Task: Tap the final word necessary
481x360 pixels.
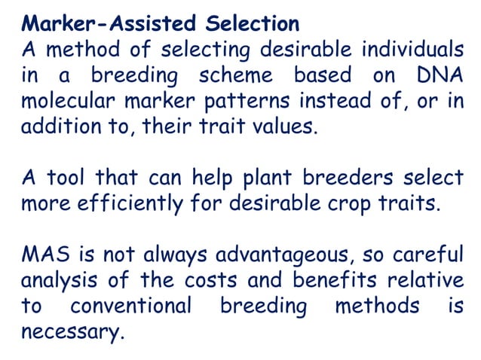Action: [72, 332]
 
